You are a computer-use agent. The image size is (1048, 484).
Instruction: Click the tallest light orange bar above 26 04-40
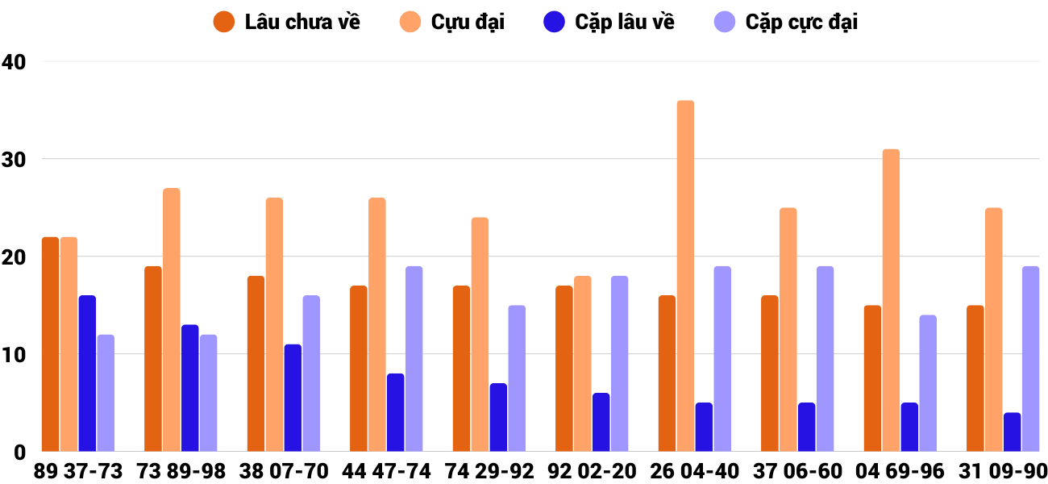(685, 276)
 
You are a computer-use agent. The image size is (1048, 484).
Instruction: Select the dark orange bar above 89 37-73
(50, 344)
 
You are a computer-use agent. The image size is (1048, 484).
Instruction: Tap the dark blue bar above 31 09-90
(1012, 432)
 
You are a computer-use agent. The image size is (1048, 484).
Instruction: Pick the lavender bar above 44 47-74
(414, 359)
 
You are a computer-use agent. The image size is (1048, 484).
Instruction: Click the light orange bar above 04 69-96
(891, 300)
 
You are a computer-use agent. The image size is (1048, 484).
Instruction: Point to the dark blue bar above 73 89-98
(189, 388)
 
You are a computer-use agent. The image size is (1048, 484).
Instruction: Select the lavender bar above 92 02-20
(619, 364)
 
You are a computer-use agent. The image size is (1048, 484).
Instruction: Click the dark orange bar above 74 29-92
(461, 369)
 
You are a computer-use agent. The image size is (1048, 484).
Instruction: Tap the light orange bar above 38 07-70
(274, 324)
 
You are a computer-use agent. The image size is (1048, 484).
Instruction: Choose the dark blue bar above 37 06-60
(806, 428)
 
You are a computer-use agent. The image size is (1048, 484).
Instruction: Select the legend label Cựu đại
(468, 22)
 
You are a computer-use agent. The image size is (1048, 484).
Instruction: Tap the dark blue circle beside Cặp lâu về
(554, 22)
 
